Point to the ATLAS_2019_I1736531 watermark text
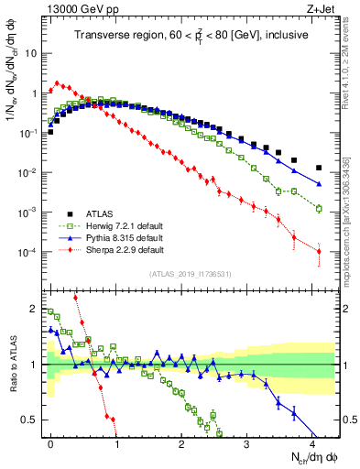pos(191,274)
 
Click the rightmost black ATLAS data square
pos(318,168)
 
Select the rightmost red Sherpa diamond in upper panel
pos(318,252)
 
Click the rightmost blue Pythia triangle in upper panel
pos(318,184)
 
